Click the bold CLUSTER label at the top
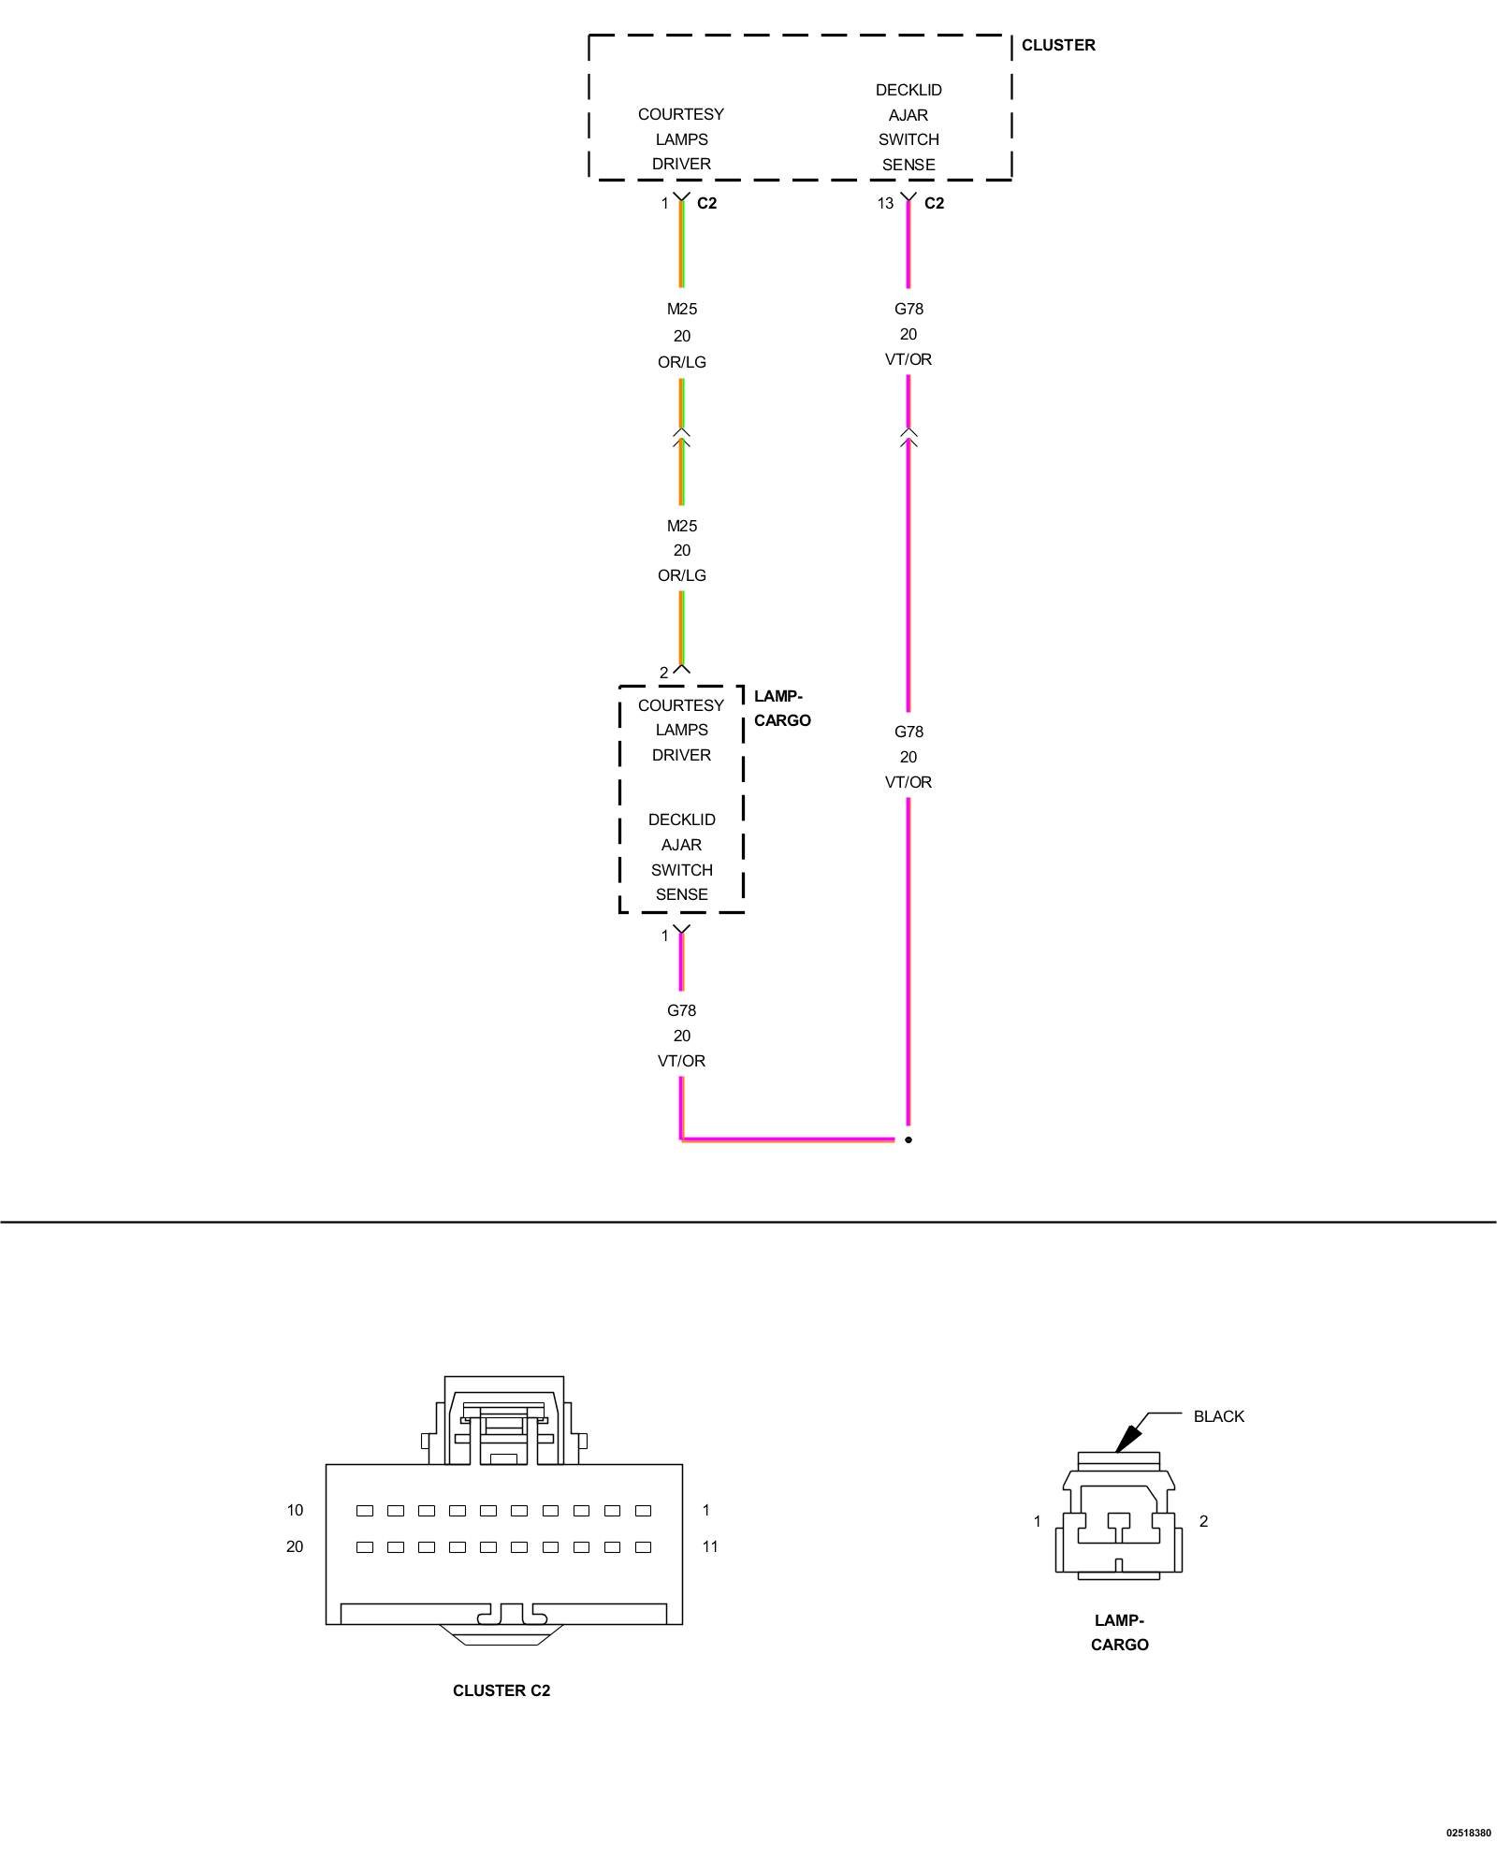1057,45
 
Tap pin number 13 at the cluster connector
884,203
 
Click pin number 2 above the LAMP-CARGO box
663,673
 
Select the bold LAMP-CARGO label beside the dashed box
781,708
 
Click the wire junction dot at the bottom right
908,1139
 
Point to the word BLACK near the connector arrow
1218,1416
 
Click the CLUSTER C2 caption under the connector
501,1690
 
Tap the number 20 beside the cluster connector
295,1546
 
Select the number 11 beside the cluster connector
710,1546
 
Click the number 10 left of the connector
295,1510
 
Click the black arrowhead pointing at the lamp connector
1129,1437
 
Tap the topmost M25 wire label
681,309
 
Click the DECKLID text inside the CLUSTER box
908,90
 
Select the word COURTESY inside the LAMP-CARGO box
681,705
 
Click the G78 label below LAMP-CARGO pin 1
681,1010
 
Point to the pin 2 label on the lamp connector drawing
1203,1521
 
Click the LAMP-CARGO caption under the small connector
1119,1632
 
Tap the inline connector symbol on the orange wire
681,436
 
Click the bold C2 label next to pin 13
934,203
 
